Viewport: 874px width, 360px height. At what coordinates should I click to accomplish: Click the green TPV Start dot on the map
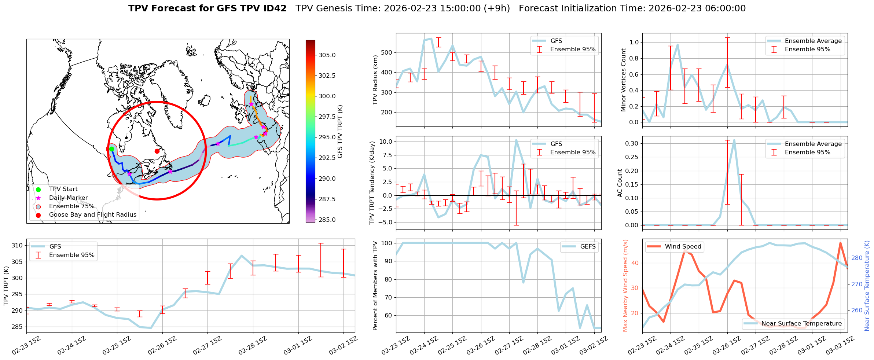coord(111,149)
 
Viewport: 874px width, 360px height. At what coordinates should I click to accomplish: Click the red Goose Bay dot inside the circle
coord(157,151)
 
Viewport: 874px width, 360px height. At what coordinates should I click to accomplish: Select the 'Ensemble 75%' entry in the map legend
coord(71,206)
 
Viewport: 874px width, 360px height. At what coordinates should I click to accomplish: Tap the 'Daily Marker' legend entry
coord(68,198)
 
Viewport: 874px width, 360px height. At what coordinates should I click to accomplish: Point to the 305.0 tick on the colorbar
coord(327,55)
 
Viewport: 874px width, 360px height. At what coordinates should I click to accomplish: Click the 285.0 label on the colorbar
coord(327,220)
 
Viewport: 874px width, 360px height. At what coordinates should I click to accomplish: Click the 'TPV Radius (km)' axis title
coord(375,80)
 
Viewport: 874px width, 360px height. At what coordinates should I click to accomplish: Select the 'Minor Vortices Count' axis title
coord(623,80)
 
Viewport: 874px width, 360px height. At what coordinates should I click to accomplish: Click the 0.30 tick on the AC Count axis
coord(631,143)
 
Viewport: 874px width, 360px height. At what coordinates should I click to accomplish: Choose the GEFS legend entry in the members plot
coord(588,247)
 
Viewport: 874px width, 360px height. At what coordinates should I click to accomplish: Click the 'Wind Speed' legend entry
coord(683,247)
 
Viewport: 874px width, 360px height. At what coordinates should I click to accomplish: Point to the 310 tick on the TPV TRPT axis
coord(18,246)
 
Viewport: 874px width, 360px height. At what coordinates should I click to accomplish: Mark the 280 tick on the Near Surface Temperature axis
coord(857,258)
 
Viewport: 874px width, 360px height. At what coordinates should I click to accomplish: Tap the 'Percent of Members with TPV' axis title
coord(375,286)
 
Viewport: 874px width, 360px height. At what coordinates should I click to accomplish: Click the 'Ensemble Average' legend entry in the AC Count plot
coord(813,144)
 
